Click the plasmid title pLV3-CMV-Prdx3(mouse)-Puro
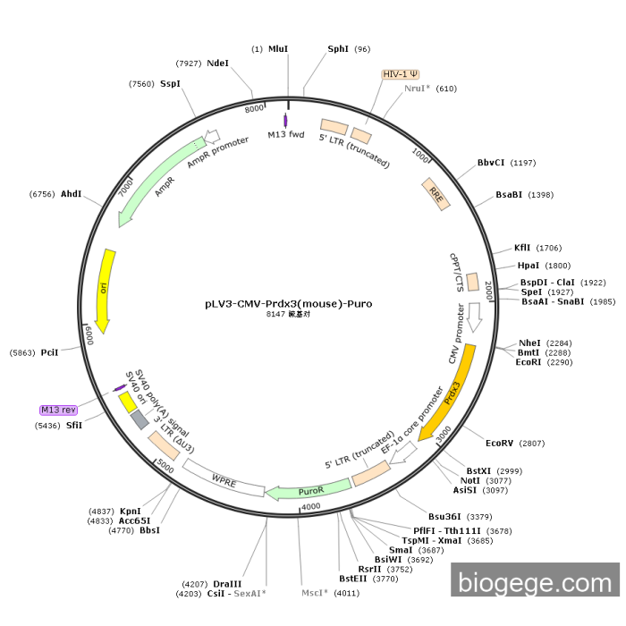pos(288,303)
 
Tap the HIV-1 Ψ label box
pos(401,74)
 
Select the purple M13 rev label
pos(58,410)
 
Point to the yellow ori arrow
pos(106,291)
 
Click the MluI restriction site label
pos(278,48)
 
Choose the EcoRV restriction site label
pos(502,443)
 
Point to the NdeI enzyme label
pos(217,63)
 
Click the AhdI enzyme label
pos(71,193)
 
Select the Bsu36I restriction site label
pos(447,516)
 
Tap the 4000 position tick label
pos(310,507)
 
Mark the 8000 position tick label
pos(254,108)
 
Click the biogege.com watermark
pos(535,583)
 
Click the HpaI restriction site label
pos(529,266)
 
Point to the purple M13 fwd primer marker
pos(285,121)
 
